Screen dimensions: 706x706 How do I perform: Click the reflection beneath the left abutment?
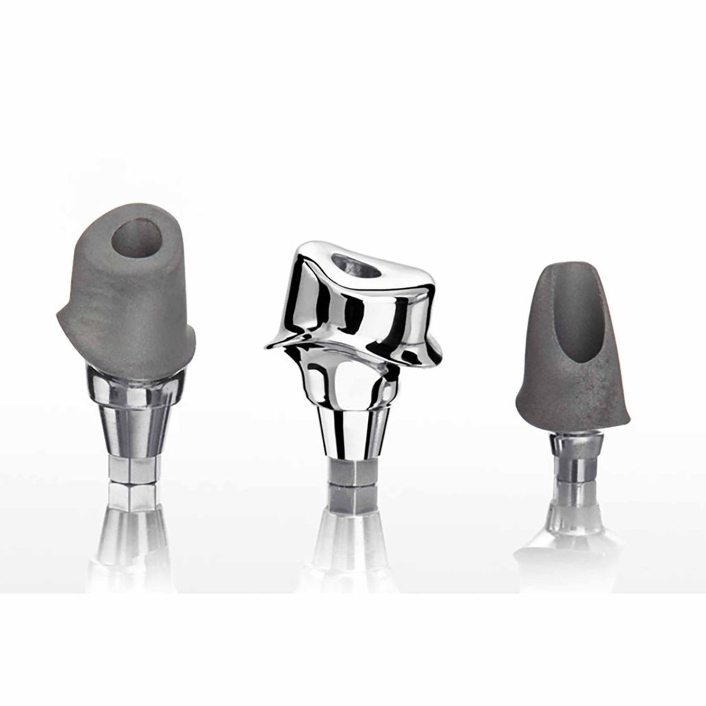134,541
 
